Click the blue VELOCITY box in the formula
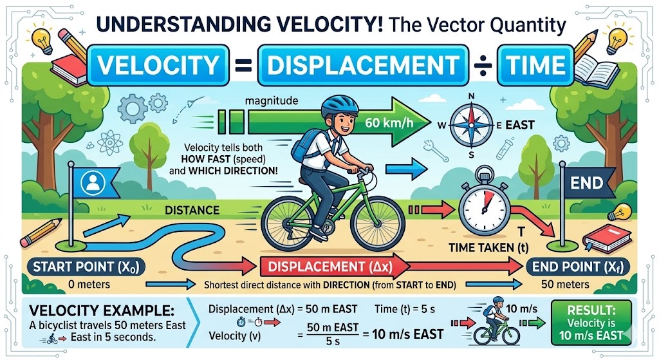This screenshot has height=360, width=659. [158, 66]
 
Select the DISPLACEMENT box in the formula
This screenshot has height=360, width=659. [363, 66]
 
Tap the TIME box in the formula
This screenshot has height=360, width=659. [535, 66]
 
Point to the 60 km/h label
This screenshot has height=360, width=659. [389, 123]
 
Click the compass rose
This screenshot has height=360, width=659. [471, 125]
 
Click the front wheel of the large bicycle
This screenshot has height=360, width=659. [377, 223]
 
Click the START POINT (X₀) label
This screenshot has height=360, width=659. [86, 267]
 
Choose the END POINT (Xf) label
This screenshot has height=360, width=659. [578, 267]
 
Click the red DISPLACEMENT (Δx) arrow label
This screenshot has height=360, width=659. [330, 267]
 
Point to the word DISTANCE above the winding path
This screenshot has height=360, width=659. [192, 210]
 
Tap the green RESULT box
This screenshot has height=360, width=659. [591, 323]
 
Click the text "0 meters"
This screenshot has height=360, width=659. [89, 284]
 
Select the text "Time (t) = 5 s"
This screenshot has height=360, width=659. [405, 309]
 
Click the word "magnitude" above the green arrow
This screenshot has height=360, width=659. [271, 101]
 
